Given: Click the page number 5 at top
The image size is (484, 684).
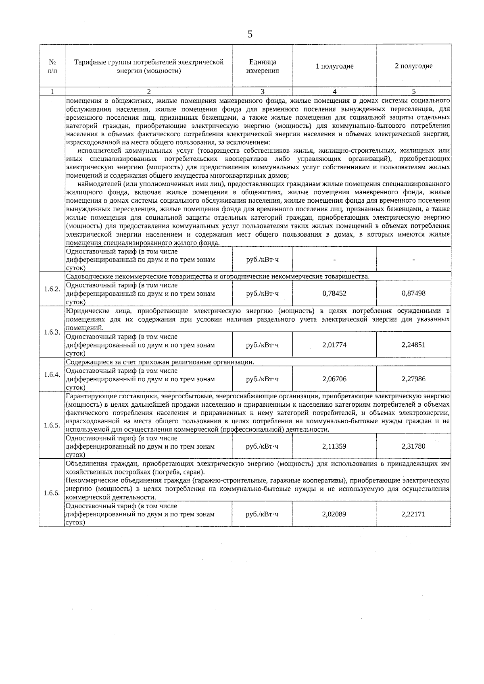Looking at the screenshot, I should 250,34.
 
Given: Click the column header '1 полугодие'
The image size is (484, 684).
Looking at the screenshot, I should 334,66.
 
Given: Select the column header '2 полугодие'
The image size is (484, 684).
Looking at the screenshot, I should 413,66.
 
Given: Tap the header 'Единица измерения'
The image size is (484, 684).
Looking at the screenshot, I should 263,66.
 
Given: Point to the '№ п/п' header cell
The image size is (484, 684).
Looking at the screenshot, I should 52,66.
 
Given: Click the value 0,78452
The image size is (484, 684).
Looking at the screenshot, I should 334,293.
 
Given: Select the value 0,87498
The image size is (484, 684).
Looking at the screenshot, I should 413,293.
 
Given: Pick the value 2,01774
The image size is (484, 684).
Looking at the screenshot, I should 334,345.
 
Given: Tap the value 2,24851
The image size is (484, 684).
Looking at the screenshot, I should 413,345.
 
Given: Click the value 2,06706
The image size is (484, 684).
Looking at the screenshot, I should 334,379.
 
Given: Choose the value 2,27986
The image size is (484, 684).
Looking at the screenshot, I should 413,379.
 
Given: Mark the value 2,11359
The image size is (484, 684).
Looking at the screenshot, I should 334,446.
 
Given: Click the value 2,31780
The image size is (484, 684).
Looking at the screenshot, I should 413,446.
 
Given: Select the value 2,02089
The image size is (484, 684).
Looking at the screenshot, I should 334,514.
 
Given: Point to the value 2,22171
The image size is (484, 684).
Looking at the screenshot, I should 413,514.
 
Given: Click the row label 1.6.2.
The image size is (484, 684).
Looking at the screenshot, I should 52,289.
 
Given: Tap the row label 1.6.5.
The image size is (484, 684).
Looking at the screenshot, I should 52,425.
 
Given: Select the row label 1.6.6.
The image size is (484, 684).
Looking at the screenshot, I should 52,493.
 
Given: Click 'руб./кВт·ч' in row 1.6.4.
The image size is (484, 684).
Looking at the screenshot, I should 263,379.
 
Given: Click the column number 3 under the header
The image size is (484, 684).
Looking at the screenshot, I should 263,91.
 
